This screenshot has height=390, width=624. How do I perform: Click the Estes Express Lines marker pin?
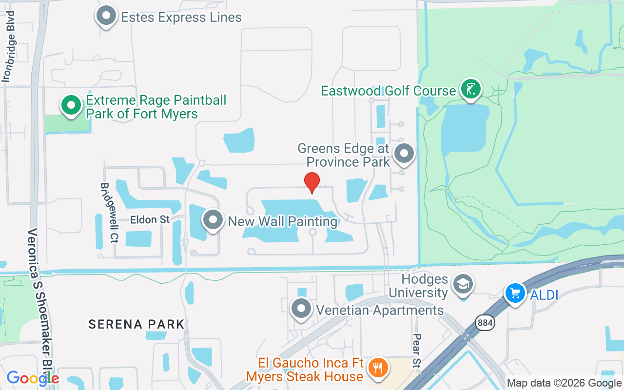[x=106, y=16]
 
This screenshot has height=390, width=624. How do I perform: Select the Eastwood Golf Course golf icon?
[x=470, y=89]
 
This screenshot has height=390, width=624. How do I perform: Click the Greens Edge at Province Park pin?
[x=404, y=154]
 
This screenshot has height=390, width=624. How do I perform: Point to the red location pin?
[x=312, y=182]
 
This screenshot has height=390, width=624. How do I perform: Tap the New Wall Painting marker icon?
[x=213, y=220]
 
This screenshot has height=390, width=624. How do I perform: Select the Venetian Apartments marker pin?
[x=301, y=309]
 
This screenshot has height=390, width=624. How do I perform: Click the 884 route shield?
[x=486, y=322]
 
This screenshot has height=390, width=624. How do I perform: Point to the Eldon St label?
[x=150, y=220]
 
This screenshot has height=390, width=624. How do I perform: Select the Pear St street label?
[x=417, y=350]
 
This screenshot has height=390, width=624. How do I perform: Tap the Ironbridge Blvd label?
[x=9, y=46]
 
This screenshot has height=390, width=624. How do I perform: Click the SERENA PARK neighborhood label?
[x=136, y=324]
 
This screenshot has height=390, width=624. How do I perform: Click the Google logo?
[x=33, y=378]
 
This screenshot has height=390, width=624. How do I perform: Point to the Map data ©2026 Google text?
[x=564, y=383]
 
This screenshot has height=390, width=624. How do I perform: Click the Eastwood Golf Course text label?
[x=388, y=91]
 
